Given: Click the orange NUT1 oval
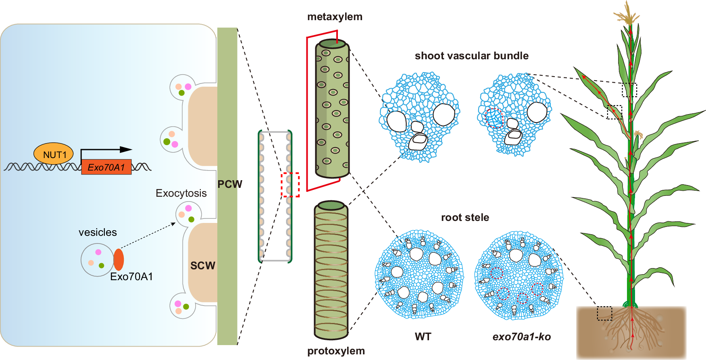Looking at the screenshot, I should click(54, 154).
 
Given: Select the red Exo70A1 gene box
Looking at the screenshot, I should click(106, 167).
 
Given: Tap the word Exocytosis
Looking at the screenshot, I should click(181, 193).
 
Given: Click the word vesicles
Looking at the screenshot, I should click(98, 232).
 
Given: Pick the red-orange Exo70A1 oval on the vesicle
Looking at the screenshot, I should click(119, 259).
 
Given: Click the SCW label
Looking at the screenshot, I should click(202, 265).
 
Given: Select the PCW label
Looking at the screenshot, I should click(230, 184).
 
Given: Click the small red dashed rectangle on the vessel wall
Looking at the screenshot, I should click(290, 185).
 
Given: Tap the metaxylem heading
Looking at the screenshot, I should click(335, 17).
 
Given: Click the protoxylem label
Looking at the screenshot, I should click(336, 351).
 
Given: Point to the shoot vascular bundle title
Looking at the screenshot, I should click(471, 56).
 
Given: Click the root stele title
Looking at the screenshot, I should click(465, 217).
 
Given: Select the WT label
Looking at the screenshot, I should click(423, 337).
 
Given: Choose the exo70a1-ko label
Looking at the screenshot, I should click(521, 337).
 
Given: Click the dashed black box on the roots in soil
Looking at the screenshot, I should click(604, 313).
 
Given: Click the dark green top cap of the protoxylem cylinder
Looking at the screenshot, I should click(331, 206).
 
